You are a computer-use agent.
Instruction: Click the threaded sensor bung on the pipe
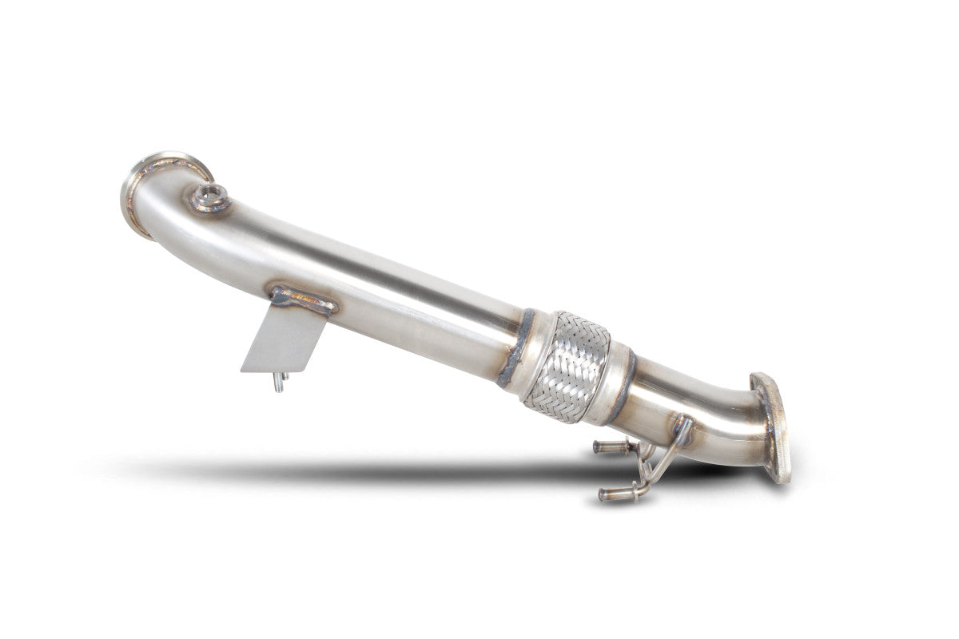(212, 196)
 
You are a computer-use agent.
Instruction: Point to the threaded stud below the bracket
(278, 382)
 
